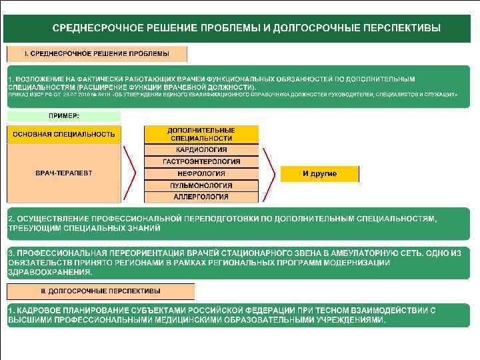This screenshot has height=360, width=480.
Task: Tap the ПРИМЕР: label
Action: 63,116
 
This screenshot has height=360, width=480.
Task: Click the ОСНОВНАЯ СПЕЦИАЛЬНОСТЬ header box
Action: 64,134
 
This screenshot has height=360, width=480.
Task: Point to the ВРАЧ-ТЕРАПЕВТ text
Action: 64,173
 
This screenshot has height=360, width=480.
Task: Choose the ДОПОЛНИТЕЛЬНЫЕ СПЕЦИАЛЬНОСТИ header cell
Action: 201,134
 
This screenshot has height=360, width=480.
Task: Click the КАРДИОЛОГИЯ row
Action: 201,150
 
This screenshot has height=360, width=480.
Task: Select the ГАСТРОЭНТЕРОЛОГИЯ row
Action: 201,162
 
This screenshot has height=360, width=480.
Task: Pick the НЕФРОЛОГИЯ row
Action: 201,173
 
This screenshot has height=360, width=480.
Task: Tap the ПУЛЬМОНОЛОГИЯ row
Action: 201,185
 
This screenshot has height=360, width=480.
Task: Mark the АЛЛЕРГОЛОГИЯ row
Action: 201,197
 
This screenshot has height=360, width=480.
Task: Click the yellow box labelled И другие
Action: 319,174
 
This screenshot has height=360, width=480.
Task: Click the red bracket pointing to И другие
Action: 268,173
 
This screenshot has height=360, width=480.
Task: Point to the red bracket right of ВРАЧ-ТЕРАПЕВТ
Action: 131,173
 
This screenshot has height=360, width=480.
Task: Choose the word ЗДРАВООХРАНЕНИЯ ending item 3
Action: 41,272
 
